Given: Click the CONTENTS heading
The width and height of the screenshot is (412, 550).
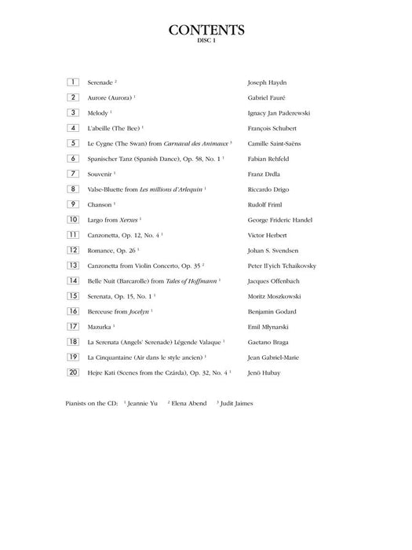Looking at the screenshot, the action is pos(206,31).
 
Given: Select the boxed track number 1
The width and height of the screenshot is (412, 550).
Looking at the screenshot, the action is pos(73,82).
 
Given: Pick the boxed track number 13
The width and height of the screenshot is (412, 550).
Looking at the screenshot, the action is pos(73,265).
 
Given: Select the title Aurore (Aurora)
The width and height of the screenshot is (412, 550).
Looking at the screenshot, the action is pos(110,97).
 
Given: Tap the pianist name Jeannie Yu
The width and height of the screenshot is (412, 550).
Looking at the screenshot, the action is pos(143,403).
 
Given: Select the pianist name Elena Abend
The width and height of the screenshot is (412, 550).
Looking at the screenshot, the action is pos(188,403).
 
